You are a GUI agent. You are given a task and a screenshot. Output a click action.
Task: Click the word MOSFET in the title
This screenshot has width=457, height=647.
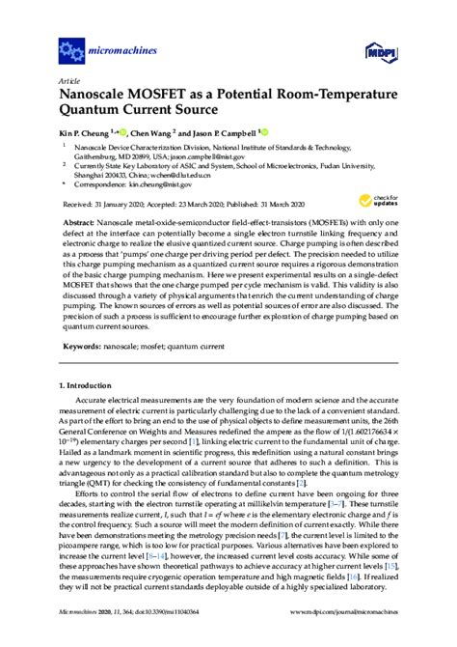153,94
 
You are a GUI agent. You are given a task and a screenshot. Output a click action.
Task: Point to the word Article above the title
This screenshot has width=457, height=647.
68,80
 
